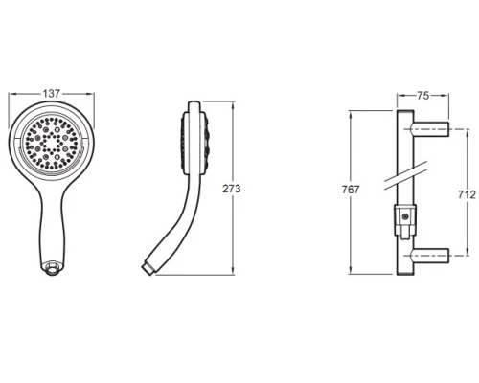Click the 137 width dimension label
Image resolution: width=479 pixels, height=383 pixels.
pyautogui.click(x=52, y=93)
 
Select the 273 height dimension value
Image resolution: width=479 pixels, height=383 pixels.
pyautogui.click(x=232, y=189)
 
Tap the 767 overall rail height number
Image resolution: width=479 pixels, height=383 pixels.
pyautogui.click(x=351, y=190)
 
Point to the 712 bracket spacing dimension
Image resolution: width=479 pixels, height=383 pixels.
pyautogui.click(x=467, y=194)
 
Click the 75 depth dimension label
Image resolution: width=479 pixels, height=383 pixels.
pyautogui.click(x=423, y=96)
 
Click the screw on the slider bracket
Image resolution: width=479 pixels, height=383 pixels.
pyautogui.click(x=405, y=217)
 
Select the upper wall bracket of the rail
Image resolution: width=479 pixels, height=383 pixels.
pyautogui.click(x=430, y=129)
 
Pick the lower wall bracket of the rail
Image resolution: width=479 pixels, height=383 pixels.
pyautogui.click(x=430, y=256)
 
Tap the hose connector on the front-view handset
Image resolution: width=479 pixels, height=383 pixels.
pyautogui.click(x=53, y=268)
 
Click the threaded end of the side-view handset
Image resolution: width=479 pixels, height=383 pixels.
pyautogui.click(x=148, y=268)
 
